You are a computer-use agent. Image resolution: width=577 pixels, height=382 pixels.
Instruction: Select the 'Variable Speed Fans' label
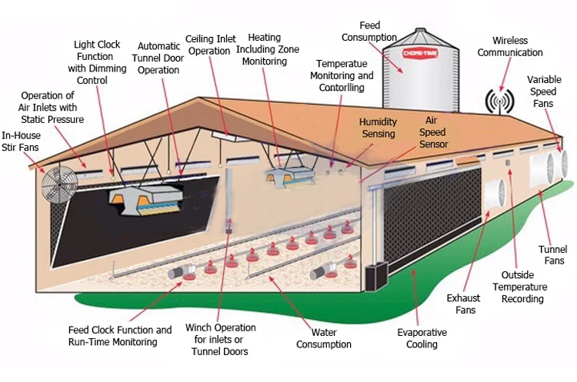tap(549, 91)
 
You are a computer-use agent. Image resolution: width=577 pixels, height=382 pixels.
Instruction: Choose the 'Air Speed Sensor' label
tap(433, 133)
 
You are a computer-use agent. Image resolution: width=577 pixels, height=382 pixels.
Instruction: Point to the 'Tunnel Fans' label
tap(552, 254)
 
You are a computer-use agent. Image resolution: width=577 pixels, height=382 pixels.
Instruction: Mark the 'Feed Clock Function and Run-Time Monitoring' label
tap(119, 336)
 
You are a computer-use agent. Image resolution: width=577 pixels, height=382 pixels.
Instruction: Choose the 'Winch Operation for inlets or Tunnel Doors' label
tap(221, 339)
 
